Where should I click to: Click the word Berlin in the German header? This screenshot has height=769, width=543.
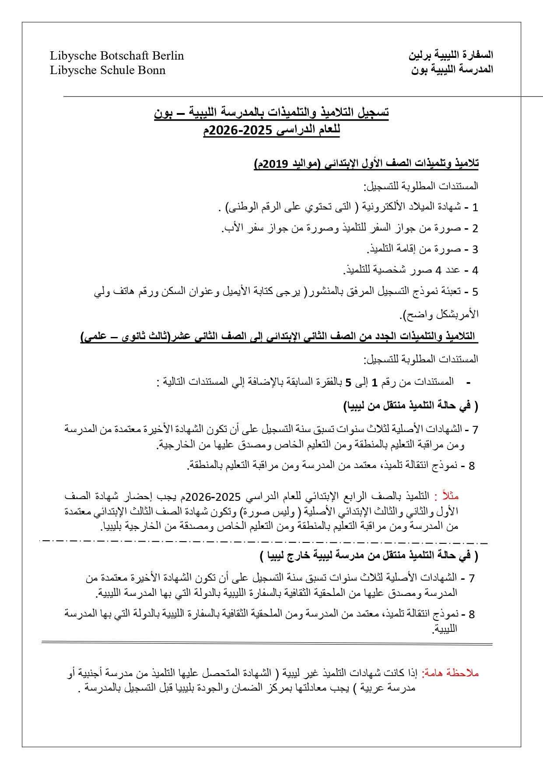pos(168,56)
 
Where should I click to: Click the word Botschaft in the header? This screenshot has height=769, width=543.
pos(124,56)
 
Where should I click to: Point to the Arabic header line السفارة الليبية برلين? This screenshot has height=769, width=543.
pos(451,55)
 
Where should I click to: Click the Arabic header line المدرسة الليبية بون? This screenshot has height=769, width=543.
pos(452,69)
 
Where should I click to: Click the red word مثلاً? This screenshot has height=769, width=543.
pos(451,496)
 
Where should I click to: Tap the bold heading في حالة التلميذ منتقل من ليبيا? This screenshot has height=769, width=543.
pos(411,406)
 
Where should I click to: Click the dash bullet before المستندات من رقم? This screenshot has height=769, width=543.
pos(469,383)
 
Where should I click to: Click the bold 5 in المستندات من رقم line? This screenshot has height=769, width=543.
pos(349,383)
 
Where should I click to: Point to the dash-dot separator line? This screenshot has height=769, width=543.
pos(263,541)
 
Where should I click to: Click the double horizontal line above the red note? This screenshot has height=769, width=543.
pos(267,643)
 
